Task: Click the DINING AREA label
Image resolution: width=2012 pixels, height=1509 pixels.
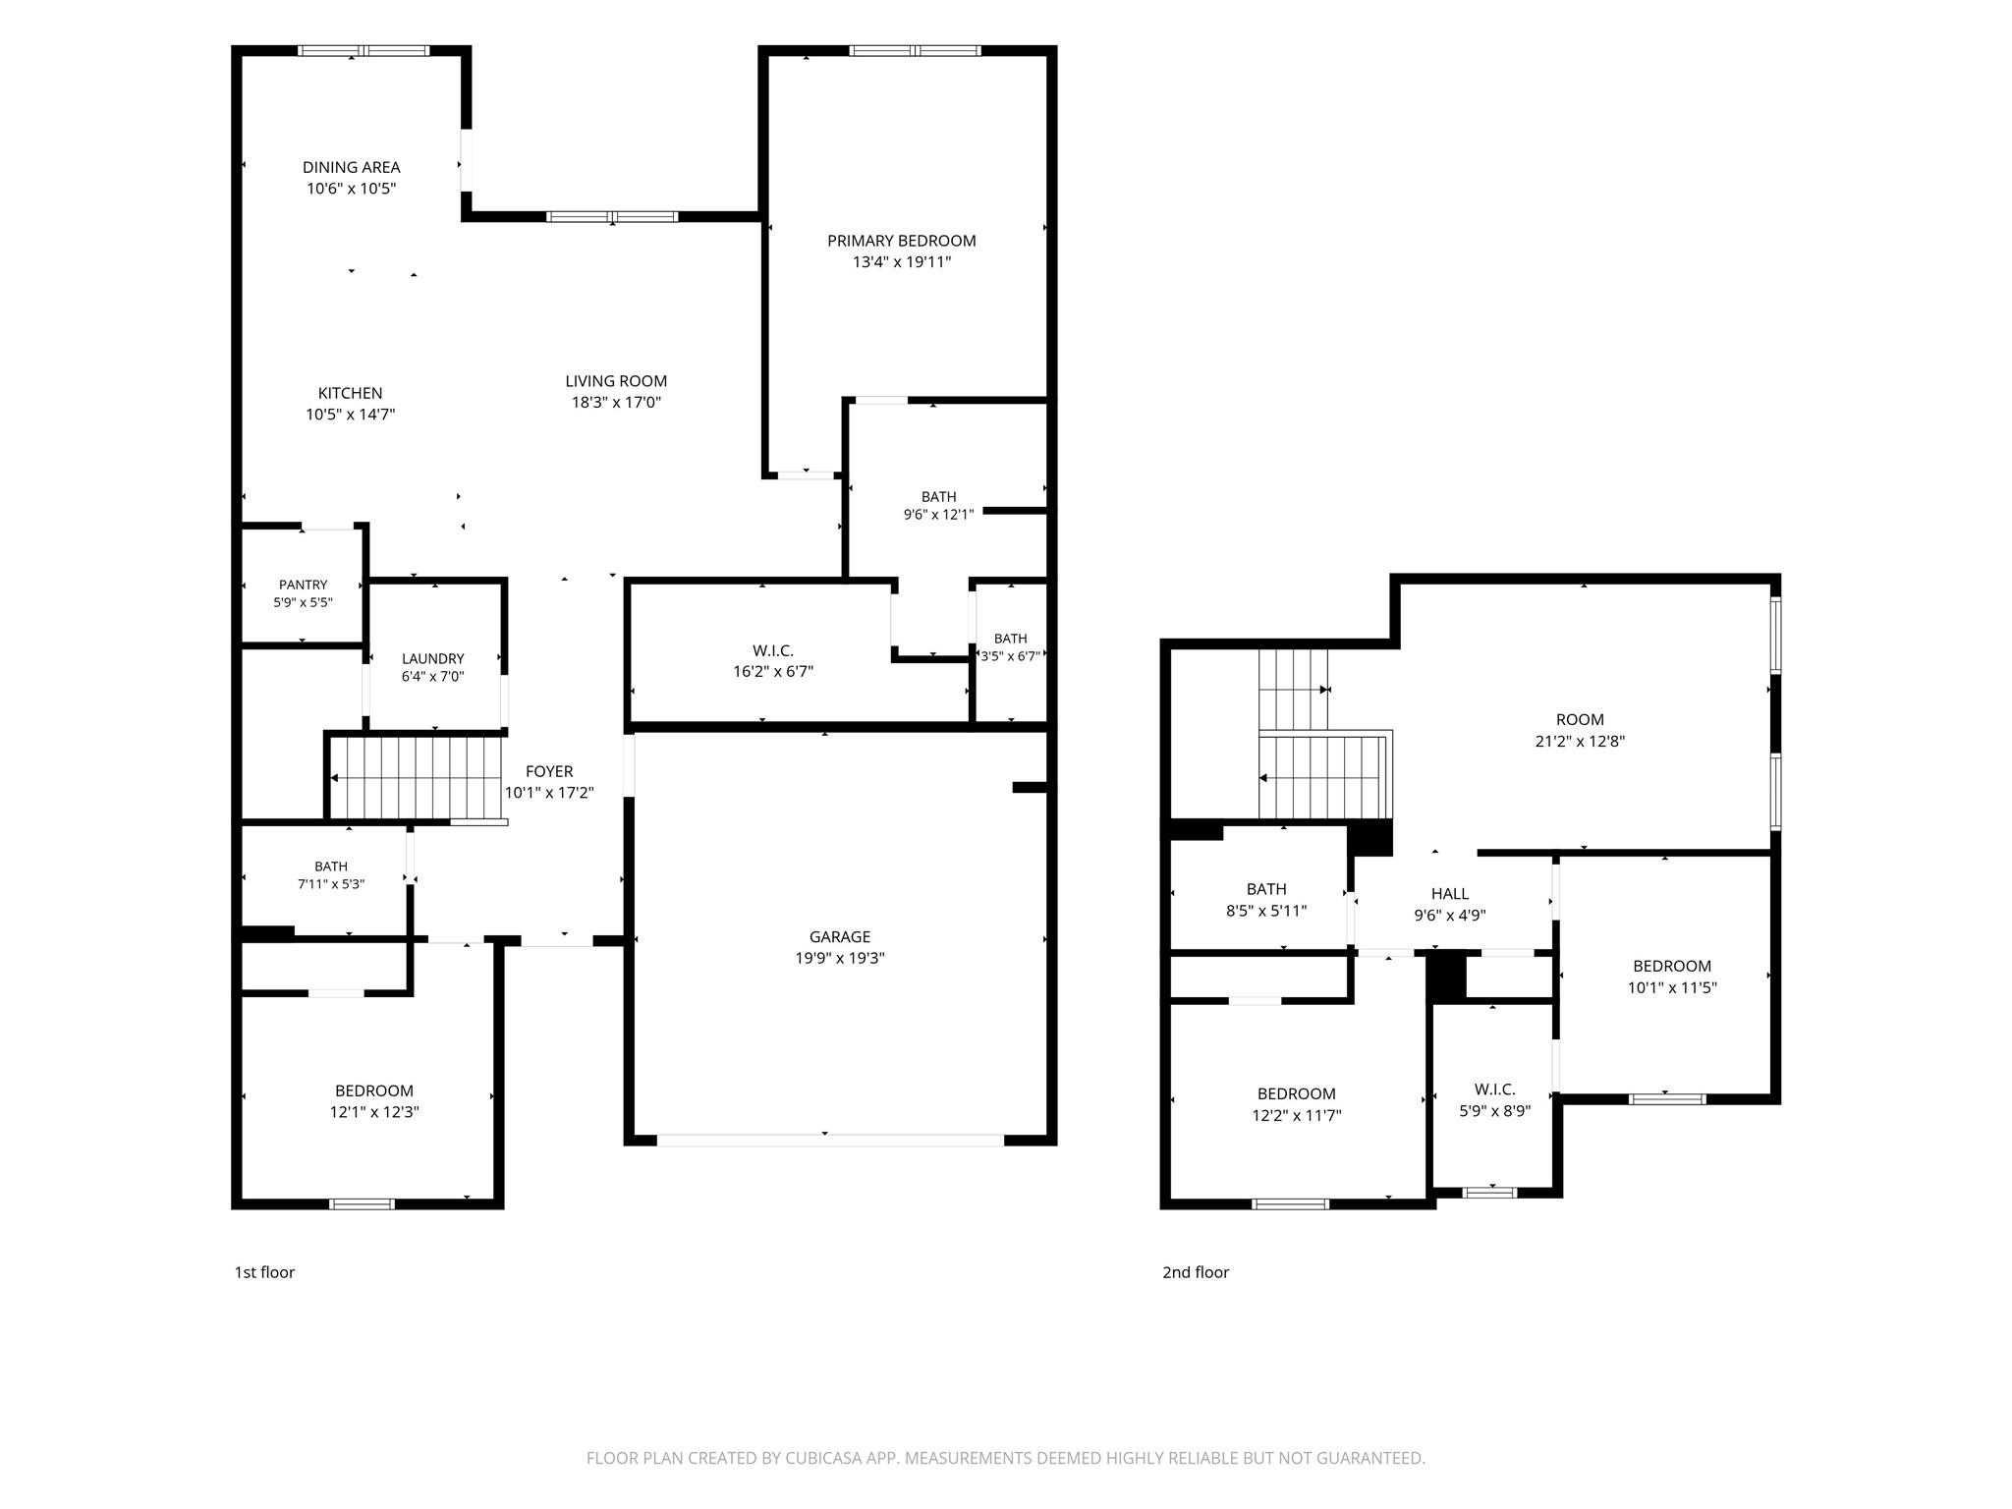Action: (x=351, y=167)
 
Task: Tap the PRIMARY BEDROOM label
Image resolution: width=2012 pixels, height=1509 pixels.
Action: (x=901, y=241)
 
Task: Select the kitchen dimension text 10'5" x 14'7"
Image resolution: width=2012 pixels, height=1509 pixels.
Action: (x=350, y=415)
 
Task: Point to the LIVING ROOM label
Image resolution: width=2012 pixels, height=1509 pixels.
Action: (x=616, y=381)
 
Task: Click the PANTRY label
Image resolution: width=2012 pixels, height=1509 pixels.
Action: (x=303, y=585)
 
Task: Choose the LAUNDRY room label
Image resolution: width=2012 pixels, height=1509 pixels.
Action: (x=432, y=658)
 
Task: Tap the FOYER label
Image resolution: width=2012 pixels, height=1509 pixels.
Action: (x=549, y=771)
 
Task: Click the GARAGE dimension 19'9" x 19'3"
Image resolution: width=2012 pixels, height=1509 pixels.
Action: (x=840, y=958)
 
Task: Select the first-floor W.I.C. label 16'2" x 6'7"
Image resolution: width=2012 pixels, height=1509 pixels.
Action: (x=773, y=672)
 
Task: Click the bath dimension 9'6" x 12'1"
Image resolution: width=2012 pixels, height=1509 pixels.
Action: (x=938, y=514)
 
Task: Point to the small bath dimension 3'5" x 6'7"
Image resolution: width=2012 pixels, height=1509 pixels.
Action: (x=1010, y=656)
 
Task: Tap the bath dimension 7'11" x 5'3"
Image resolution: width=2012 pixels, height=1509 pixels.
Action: (x=331, y=883)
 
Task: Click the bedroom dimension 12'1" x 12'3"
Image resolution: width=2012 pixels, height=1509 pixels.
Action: (x=374, y=1112)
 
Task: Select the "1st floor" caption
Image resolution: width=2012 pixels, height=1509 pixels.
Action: (x=264, y=1272)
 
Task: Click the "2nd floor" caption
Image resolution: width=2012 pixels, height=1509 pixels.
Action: (x=1196, y=1272)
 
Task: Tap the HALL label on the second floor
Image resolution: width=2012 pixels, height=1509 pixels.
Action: (x=1450, y=894)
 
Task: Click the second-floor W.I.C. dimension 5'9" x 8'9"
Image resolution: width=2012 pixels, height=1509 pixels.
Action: (x=1494, y=1111)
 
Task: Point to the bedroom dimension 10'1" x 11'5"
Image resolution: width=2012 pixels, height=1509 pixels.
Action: (x=1672, y=987)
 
